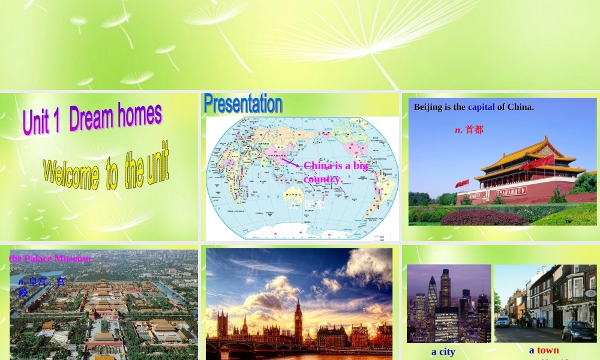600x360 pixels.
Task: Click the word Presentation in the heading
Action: (x=243, y=104)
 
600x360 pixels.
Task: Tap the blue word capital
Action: (x=481, y=107)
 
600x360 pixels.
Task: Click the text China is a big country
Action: (x=335, y=172)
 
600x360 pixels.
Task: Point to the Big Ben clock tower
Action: (x=298, y=321)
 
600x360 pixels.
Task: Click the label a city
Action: (x=443, y=352)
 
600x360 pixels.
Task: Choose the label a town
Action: (x=544, y=350)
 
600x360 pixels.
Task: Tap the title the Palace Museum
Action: (x=50, y=259)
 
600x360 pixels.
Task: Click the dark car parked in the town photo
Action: (x=578, y=331)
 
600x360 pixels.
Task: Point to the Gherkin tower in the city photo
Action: (x=433, y=294)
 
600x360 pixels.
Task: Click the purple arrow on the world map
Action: (x=290, y=161)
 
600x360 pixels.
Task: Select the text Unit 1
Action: (x=43, y=121)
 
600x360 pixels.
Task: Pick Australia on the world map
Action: (x=295, y=191)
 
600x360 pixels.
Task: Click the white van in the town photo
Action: (x=502, y=321)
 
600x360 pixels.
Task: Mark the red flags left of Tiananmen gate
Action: (x=462, y=183)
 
